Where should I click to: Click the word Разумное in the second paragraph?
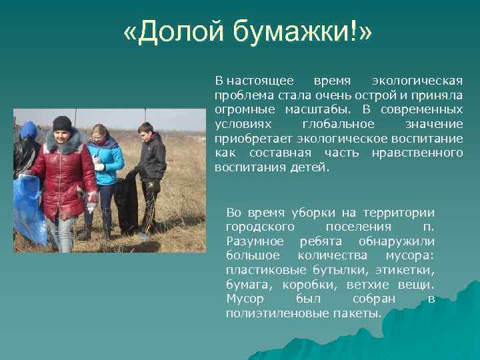(x=255, y=241)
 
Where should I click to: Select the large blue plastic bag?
(x=29, y=207)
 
